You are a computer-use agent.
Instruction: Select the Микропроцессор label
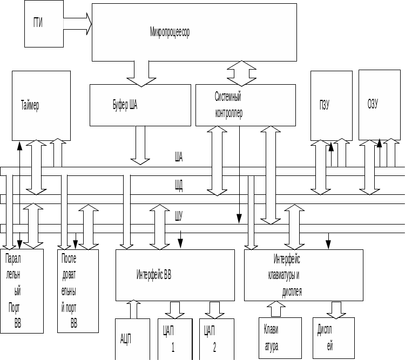[170, 32]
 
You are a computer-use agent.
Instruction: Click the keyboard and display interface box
[303, 275]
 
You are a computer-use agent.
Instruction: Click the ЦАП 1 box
[173, 339]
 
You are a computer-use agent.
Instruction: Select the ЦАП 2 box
[216, 339]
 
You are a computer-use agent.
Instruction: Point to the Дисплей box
[333, 337]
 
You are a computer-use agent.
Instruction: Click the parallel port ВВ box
[22, 290]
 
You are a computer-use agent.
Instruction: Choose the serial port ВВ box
[78, 290]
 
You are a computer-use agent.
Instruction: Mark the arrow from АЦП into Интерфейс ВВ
[133, 309]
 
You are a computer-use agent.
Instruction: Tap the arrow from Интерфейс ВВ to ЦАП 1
[174, 309]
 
